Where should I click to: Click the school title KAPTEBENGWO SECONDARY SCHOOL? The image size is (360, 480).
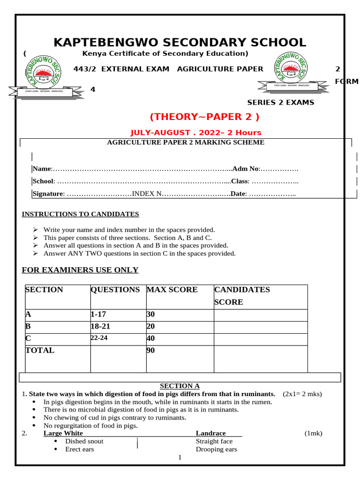(x=180, y=43)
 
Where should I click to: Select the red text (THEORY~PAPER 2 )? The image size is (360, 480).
(x=204, y=117)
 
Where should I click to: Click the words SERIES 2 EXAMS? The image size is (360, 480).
(x=280, y=103)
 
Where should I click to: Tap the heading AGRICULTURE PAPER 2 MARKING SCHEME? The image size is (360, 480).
(x=186, y=142)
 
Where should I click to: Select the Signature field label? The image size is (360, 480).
(x=47, y=194)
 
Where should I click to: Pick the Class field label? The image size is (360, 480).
(x=239, y=181)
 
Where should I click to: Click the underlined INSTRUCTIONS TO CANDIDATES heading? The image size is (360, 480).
(x=81, y=214)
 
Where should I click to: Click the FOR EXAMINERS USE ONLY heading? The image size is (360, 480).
(x=81, y=270)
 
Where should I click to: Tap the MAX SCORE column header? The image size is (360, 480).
(x=172, y=290)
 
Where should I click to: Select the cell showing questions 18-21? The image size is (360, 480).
(x=102, y=327)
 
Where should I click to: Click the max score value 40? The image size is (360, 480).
(x=150, y=338)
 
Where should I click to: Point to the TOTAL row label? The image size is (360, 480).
(x=40, y=350)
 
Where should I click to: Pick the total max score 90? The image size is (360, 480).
(x=150, y=350)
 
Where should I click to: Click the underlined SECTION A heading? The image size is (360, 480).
(x=180, y=386)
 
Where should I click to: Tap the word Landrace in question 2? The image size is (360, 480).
(x=210, y=433)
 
